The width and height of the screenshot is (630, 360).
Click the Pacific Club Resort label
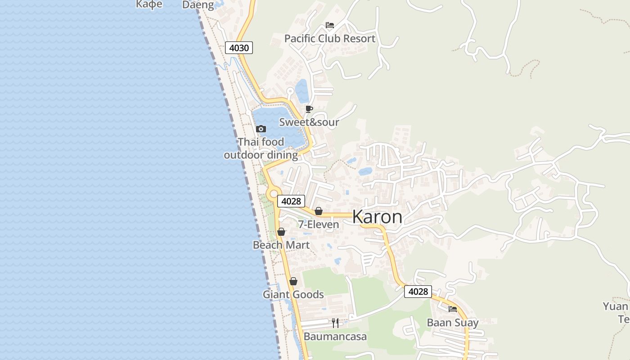coord(329,39)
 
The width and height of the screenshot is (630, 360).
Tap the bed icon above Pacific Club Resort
coord(330,25)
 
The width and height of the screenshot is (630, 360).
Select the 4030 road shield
coord(239,48)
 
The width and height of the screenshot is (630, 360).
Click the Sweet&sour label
coord(309,122)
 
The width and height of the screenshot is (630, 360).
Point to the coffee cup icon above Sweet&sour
coord(309,109)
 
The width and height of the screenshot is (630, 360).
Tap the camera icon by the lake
coord(261,129)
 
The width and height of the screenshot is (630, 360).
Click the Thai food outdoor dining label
coord(261,148)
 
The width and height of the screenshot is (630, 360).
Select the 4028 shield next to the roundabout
coord(291,201)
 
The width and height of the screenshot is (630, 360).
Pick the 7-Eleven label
coord(319,224)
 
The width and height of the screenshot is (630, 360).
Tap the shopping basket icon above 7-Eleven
coord(319,211)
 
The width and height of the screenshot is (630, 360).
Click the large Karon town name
coord(377,217)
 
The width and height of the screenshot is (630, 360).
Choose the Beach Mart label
coord(281,245)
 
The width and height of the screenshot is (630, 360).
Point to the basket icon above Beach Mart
coord(281,232)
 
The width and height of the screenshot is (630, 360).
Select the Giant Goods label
coord(293,294)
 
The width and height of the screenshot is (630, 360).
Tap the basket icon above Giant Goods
coord(293,282)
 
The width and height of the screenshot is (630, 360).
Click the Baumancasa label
coord(335,337)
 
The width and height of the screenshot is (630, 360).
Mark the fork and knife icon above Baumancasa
coord(335,323)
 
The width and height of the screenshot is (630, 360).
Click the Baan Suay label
coord(453,323)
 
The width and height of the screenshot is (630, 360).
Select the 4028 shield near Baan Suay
coord(418,292)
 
